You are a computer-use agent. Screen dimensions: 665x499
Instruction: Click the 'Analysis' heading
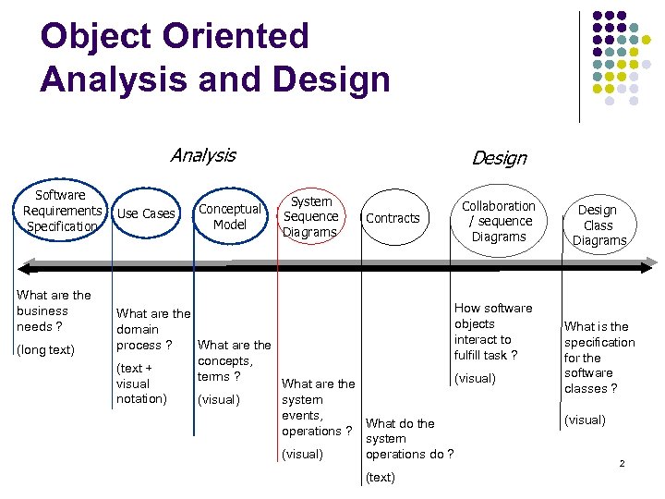coord(202,155)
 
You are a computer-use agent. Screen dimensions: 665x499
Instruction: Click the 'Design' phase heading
coord(499,158)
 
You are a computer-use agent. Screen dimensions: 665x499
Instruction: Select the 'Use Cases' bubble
coord(146,213)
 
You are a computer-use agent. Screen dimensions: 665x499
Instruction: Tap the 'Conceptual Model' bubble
coord(230,216)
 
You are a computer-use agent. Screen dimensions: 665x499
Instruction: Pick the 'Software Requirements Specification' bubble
coord(60,211)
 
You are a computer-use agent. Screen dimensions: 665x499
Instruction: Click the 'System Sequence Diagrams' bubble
coord(311,216)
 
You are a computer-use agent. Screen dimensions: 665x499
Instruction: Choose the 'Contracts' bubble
coord(393,218)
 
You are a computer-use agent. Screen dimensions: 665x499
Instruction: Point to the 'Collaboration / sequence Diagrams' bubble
coord(498,221)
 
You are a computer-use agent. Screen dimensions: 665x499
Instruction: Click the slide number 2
coord(622,462)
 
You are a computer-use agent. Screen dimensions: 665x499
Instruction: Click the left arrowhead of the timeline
coord(25,269)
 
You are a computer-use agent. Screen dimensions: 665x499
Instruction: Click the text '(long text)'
coord(45,349)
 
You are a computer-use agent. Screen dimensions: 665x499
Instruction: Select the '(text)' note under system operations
coord(380,478)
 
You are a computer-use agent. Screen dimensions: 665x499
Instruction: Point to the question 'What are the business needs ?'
coord(54,310)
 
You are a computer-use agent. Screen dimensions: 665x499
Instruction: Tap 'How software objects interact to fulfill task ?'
coord(492,332)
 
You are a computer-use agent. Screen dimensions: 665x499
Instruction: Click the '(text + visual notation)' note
coord(140,383)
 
